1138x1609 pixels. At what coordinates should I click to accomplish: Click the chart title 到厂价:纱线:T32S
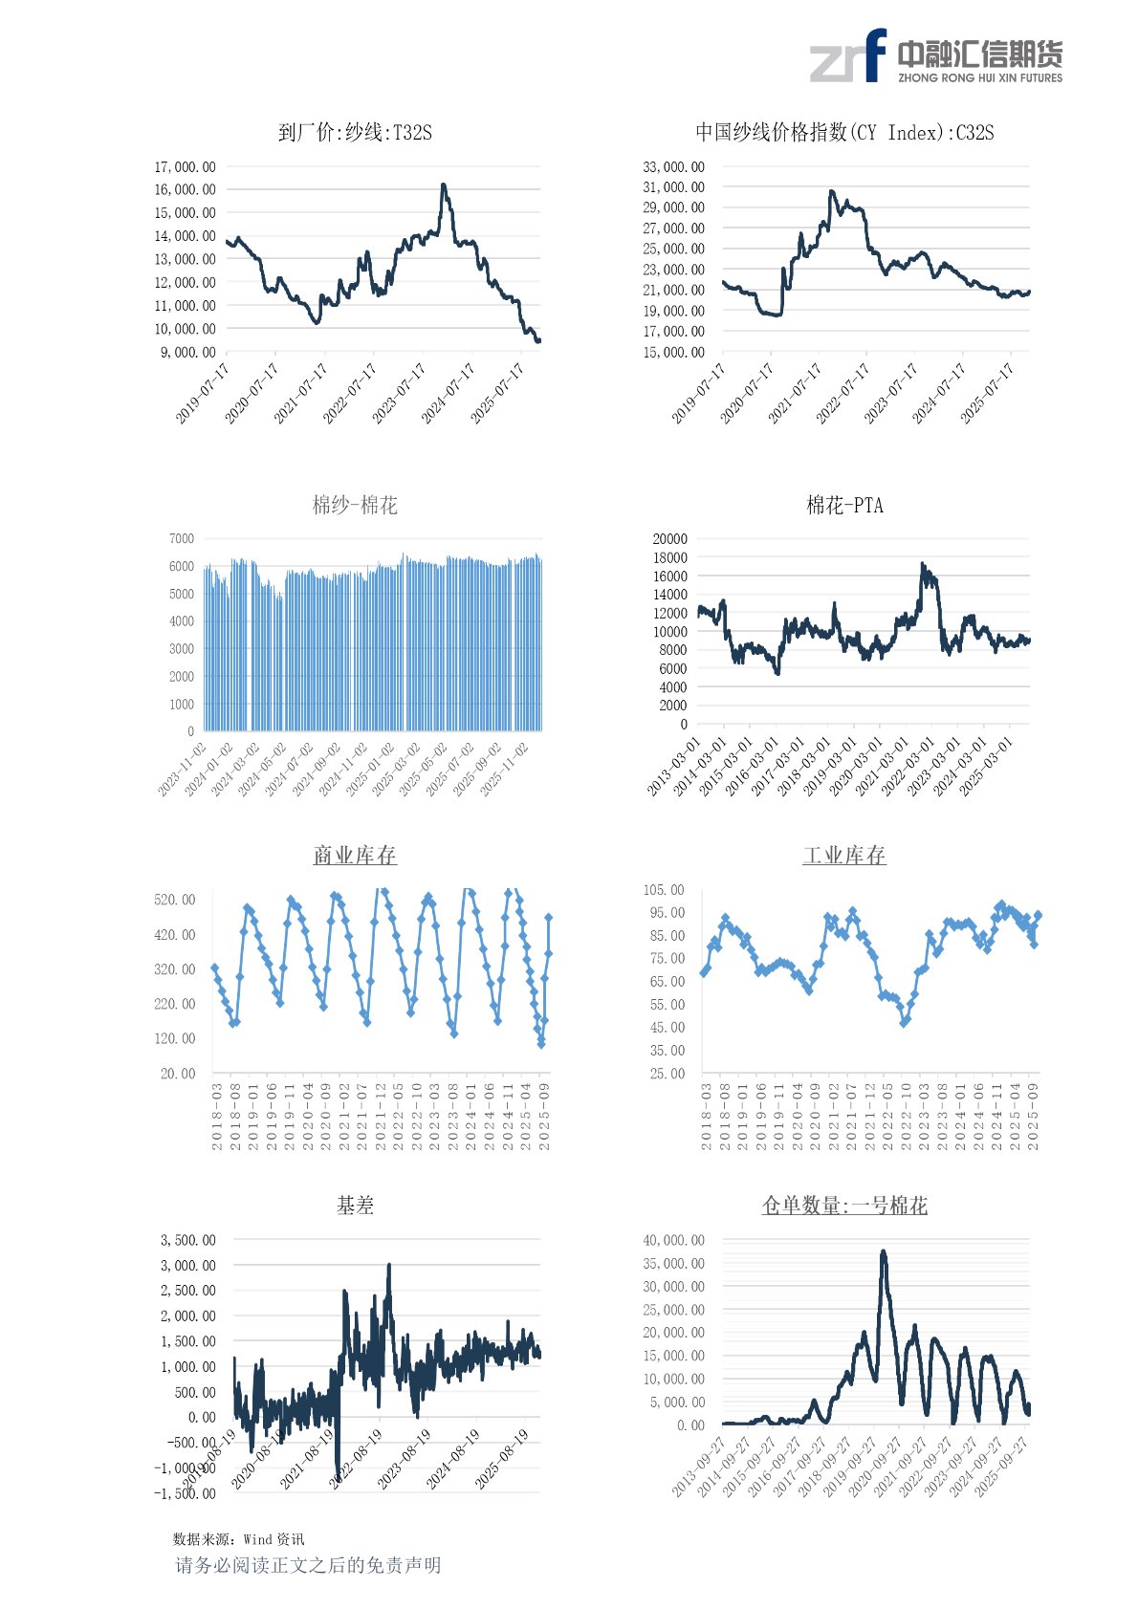click(355, 133)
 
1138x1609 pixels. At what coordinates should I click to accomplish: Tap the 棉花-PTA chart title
click(844, 505)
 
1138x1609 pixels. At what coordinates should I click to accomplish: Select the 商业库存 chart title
click(355, 855)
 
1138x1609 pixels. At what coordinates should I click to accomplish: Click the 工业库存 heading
click(844, 855)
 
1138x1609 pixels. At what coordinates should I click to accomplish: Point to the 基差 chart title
click(355, 1206)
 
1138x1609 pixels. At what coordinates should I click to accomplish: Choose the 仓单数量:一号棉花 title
click(844, 1206)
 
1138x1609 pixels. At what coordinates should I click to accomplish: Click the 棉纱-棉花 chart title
click(355, 505)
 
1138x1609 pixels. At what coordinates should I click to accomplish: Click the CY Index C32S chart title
click(844, 133)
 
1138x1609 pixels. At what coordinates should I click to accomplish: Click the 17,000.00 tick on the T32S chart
click(186, 167)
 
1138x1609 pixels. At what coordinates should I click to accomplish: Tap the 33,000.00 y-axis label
click(674, 167)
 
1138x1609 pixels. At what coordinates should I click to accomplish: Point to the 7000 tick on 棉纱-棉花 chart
click(182, 539)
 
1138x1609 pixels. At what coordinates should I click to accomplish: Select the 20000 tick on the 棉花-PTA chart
click(669, 539)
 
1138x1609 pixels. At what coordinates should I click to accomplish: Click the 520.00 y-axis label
click(175, 900)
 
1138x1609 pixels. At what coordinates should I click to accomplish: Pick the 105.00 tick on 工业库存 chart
click(664, 890)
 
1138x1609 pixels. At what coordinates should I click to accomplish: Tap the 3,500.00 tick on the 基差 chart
click(188, 1240)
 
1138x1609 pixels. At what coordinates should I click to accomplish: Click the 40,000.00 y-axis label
click(674, 1240)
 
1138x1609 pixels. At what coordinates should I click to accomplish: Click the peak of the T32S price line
click(443, 185)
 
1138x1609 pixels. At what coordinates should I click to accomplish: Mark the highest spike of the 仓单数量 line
click(884, 1251)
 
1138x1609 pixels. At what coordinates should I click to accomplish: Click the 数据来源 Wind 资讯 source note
click(239, 1539)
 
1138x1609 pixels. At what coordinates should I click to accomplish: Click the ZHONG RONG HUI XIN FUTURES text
click(980, 78)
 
